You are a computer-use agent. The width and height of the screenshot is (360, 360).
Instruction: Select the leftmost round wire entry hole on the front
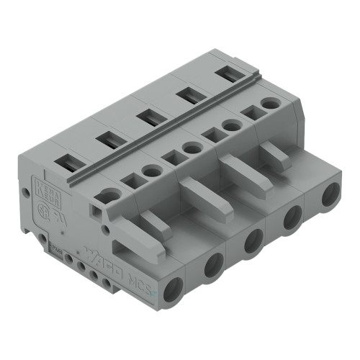[x=173, y=292]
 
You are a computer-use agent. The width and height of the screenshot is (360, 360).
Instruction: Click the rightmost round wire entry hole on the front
[x=330, y=195]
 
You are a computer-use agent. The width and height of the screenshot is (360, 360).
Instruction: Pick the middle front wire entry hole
[x=253, y=242]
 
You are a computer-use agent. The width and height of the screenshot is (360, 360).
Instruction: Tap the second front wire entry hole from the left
[x=214, y=267]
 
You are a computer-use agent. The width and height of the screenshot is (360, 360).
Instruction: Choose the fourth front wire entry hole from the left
[x=292, y=217]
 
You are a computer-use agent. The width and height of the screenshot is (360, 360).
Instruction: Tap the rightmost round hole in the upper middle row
[x=270, y=104]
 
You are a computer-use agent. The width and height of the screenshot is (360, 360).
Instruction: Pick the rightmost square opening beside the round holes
[x=251, y=113]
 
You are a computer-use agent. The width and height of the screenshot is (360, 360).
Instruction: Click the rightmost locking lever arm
[x=276, y=155]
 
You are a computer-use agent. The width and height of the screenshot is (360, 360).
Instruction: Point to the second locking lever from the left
[x=194, y=194]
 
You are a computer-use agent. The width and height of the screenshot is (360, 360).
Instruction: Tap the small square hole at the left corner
[x=96, y=212]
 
